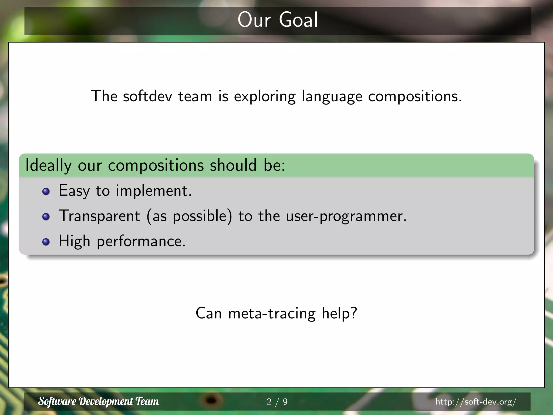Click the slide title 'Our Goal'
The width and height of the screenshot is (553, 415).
278,20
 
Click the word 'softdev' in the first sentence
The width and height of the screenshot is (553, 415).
147,96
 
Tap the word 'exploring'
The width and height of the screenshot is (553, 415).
265,97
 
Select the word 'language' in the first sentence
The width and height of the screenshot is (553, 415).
332,97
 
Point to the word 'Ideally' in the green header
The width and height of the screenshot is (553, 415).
48,165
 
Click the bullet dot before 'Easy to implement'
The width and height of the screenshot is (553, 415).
46,192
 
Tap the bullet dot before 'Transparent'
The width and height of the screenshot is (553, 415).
46,217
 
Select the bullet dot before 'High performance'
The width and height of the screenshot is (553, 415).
46,242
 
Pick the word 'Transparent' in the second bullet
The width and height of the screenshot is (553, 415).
99,216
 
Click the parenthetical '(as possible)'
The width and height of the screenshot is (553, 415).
189,216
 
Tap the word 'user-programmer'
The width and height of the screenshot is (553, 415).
346,216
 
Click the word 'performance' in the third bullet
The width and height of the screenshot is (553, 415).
141,241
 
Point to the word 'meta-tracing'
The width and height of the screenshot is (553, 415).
272,313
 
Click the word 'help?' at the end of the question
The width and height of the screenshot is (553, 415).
339,313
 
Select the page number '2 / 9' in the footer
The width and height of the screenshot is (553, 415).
277,402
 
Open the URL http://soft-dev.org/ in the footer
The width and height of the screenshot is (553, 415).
476,402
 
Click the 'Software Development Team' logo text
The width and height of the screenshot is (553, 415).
99,401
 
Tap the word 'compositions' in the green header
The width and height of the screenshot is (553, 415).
156,165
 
